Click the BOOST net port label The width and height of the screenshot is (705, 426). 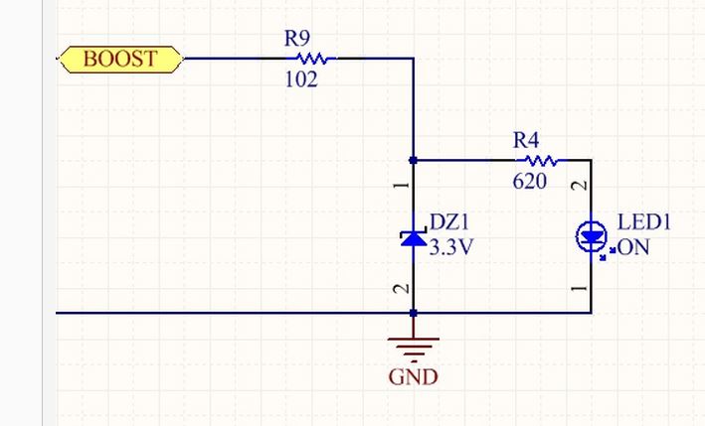120,60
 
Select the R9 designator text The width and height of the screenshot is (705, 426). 297,38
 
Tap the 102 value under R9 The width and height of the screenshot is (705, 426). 301,79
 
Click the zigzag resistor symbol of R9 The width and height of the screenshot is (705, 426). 312,59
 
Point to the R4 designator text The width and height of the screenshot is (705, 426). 526,140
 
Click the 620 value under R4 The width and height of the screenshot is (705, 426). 530,182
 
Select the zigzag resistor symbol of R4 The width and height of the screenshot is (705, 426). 541,160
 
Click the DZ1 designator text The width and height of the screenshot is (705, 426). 449,221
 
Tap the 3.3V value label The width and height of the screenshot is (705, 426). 451,247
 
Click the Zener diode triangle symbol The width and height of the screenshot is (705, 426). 414,238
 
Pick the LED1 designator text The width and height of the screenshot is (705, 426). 644,221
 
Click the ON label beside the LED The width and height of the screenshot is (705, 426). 633,247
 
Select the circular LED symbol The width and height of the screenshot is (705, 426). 592,236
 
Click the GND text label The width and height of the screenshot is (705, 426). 414,377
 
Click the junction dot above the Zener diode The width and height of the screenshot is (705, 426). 414,160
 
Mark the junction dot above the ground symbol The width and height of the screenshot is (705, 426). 414,313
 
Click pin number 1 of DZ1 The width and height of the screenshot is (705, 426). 402,185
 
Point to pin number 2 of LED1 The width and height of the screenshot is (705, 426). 580,185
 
